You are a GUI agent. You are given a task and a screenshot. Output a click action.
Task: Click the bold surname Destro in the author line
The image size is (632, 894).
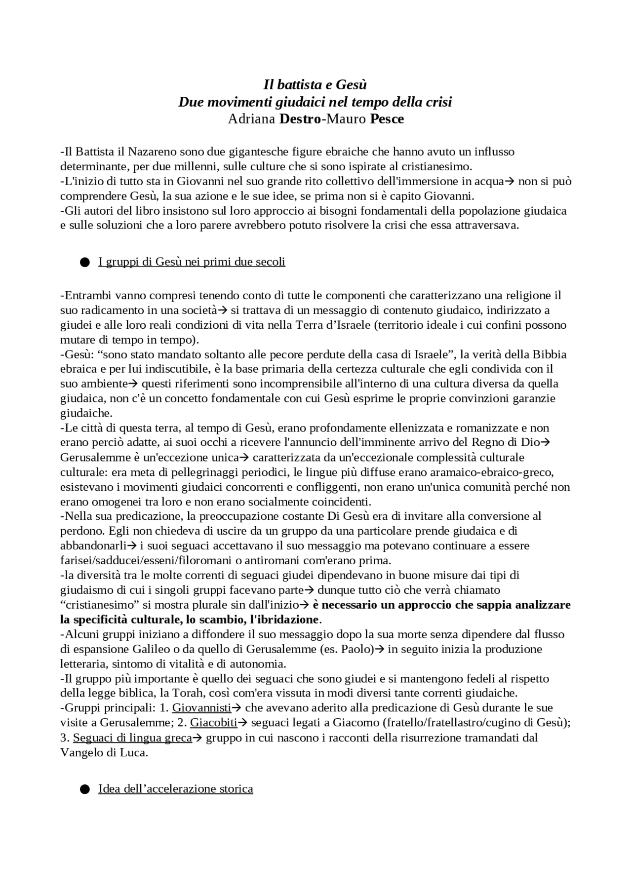[300, 119]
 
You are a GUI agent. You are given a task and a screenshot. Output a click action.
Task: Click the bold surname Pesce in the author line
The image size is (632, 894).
[387, 119]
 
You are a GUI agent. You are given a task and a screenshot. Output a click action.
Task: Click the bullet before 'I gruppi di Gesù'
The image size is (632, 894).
[84, 262]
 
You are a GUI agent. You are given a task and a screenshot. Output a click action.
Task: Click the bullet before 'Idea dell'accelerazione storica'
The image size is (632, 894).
[84, 789]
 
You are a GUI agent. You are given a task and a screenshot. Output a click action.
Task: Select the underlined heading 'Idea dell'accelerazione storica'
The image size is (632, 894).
[176, 788]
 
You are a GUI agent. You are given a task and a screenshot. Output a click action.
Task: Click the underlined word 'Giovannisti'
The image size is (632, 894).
[201, 708]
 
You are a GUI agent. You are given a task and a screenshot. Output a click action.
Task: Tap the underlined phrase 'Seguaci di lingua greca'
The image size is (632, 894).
[132, 738]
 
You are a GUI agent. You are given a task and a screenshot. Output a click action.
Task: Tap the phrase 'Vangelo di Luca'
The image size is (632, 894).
[103, 752]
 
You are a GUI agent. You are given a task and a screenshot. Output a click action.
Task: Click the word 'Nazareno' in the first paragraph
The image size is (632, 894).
[154, 152]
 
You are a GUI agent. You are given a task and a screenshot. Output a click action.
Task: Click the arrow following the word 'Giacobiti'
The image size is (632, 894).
[243, 723]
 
